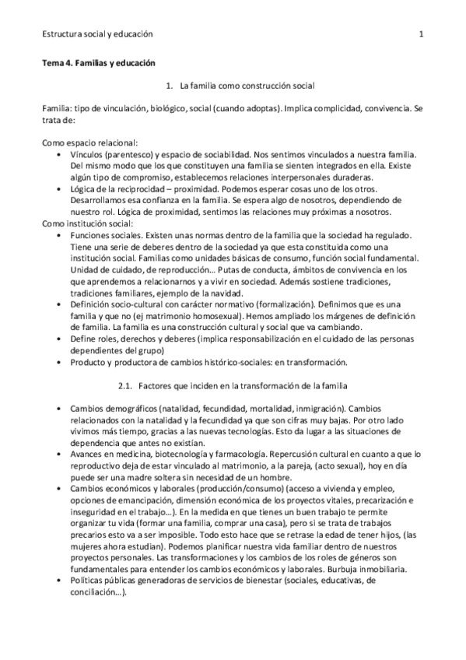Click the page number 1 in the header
(x=421, y=34)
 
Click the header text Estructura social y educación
(x=97, y=34)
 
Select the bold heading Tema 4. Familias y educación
(x=99, y=61)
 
